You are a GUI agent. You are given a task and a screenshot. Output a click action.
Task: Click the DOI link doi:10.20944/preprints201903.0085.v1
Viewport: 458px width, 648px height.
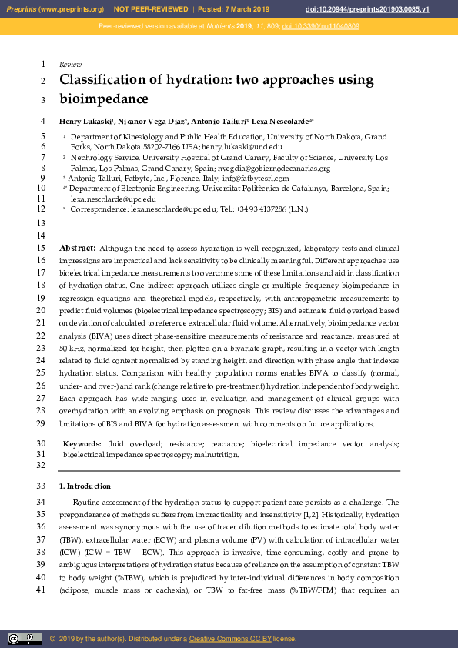389,8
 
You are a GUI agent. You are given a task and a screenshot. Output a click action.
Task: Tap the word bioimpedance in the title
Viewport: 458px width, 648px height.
103,99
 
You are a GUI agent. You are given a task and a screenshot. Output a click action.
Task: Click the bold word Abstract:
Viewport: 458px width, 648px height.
78,249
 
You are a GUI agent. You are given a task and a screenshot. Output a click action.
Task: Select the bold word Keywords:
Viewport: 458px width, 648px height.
82,444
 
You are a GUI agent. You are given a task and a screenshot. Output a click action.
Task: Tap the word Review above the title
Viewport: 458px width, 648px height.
70,65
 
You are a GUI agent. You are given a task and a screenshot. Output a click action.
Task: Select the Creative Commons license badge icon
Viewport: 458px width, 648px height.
25,638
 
